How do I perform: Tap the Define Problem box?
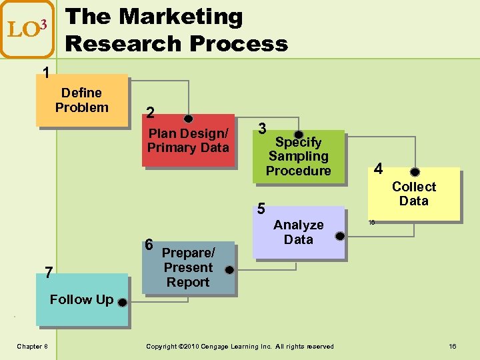pos(81,100)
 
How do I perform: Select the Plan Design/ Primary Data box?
pos(188,141)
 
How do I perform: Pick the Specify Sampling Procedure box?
pos(299,157)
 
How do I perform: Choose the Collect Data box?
pos(414,194)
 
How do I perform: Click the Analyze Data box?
pos(298,232)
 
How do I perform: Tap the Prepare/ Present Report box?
pos(188,267)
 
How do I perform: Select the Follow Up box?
pos(81,299)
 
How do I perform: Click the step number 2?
pos(151,113)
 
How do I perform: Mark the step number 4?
pos(378,169)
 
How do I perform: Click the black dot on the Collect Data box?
pos(415,172)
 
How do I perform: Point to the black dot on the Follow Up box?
pos(122,303)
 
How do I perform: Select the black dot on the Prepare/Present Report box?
pos(229,271)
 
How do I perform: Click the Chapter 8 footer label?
pos(31,346)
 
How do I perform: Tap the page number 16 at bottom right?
pos(452,346)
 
